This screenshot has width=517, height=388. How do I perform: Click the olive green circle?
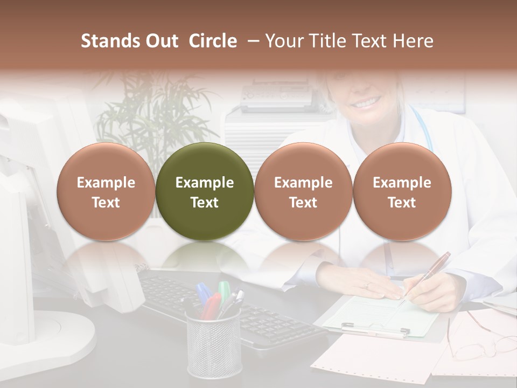point(205,191)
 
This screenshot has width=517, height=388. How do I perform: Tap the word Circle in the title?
point(213,41)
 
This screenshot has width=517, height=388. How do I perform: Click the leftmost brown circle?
point(106,191)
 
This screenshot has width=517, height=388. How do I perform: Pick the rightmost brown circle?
point(402,191)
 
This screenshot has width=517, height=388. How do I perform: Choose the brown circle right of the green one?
point(303,191)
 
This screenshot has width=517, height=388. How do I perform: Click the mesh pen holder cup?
point(214,345)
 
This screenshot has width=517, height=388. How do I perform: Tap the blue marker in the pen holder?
point(203,293)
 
